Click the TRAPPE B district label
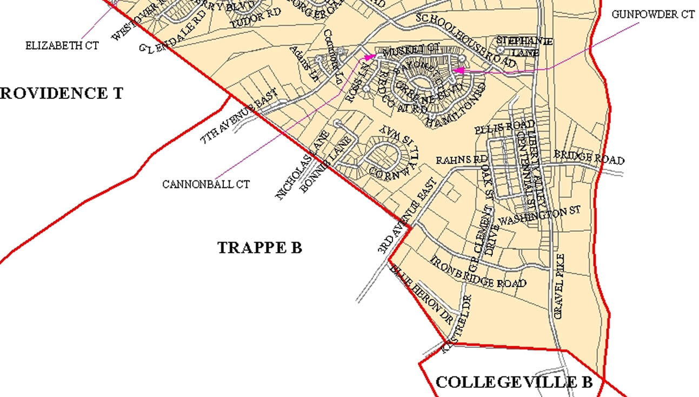pos(259,248)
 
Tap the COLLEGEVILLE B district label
pos(514,382)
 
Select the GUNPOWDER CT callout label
pos(653,15)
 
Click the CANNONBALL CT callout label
pos(206,185)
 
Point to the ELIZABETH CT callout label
pos(62,46)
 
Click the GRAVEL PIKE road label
pos(560,286)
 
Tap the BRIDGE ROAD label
pos(589,157)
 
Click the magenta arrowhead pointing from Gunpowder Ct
pos(456,70)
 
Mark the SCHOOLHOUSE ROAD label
pos(466,40)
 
